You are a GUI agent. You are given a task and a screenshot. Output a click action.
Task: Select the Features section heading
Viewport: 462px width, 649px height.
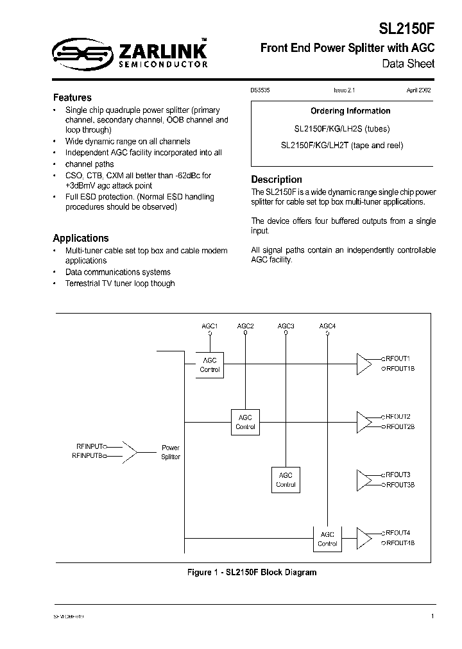[72, 97]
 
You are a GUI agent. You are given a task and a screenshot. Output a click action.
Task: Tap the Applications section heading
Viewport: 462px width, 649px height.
[81, 238]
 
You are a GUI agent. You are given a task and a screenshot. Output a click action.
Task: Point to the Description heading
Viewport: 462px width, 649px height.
[276, 180]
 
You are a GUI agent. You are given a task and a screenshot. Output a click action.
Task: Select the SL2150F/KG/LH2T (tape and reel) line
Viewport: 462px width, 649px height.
[342, 146]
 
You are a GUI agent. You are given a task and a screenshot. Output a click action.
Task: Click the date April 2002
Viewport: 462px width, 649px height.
[418, 90]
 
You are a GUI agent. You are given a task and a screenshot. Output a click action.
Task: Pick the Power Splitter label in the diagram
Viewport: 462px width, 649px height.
[171, 452]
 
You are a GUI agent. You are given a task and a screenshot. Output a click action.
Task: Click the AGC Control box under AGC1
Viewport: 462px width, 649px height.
[210, 365]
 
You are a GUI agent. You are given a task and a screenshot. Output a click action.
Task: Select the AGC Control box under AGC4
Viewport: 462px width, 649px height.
[327, 539]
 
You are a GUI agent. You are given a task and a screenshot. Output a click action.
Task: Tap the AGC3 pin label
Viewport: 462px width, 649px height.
[286, 326]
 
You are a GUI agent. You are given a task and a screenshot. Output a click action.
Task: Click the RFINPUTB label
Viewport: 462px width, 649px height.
[88, 456]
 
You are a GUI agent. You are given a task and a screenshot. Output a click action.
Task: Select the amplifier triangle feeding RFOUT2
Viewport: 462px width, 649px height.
[364, 421]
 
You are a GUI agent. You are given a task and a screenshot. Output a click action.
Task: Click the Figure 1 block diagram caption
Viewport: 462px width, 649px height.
[248, 572]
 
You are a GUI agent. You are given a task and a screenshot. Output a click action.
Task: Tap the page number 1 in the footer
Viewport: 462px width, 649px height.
[432, 616]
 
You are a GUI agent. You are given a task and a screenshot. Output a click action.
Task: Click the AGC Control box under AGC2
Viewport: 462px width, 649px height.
[245, 422]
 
